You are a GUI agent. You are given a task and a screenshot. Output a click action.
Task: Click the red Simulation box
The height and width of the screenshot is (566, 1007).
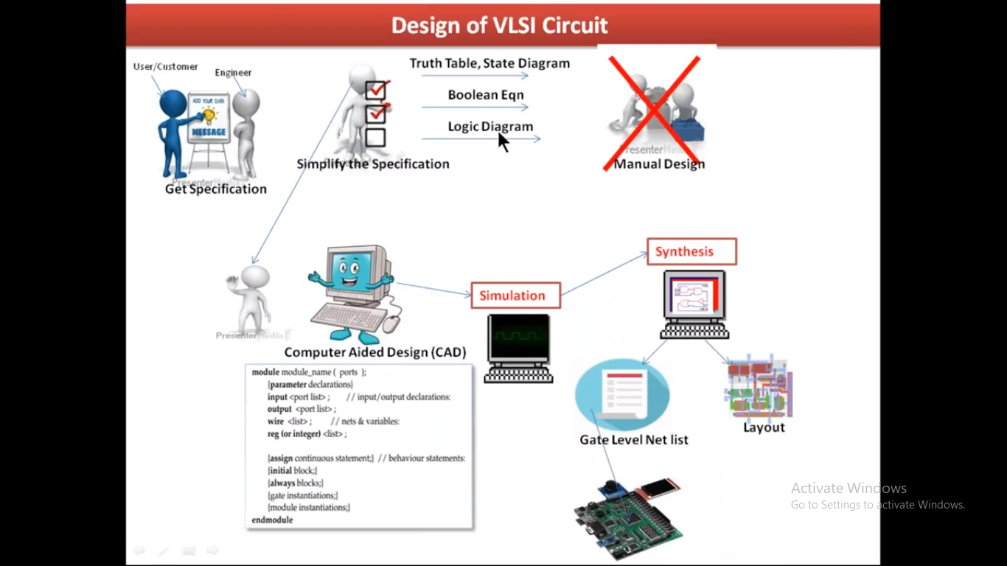click(x=515, y=296)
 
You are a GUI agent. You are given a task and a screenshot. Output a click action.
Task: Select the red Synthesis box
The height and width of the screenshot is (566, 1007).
click(x=691, y=251)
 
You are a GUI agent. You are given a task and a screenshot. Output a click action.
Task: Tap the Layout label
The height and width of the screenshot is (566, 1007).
click(x=764, y=427)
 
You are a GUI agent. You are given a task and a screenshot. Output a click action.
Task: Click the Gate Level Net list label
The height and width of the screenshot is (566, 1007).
click(x=633, y=440)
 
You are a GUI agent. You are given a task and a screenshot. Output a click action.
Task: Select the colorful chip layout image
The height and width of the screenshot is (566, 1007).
click(x=759, y=388)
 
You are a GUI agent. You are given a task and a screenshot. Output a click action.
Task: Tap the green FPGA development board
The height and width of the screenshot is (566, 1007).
click(x=629, y=515)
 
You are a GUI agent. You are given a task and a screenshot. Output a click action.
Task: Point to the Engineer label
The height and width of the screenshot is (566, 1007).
click(x=233, y=72)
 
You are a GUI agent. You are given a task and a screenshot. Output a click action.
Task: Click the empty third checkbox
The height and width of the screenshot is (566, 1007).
click(x=375, y=138)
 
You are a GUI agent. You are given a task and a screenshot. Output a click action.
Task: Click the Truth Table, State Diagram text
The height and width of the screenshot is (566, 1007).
click(x=489, y=63)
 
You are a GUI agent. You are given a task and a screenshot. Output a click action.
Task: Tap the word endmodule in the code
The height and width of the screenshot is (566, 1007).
click(x=272, y=520)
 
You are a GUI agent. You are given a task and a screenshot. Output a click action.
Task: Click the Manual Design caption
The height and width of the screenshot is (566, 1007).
click(x=659, y=164)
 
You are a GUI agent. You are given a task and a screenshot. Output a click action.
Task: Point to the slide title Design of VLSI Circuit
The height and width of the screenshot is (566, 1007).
click(x=499, y=26)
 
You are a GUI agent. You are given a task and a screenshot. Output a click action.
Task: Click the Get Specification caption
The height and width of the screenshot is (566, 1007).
click(x=215, y=189)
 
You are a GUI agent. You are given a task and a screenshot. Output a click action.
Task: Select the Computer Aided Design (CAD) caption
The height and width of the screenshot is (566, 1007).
click(x=375, y=352)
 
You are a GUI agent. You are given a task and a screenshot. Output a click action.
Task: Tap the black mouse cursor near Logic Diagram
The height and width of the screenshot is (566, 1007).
click(x=503, y=141)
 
